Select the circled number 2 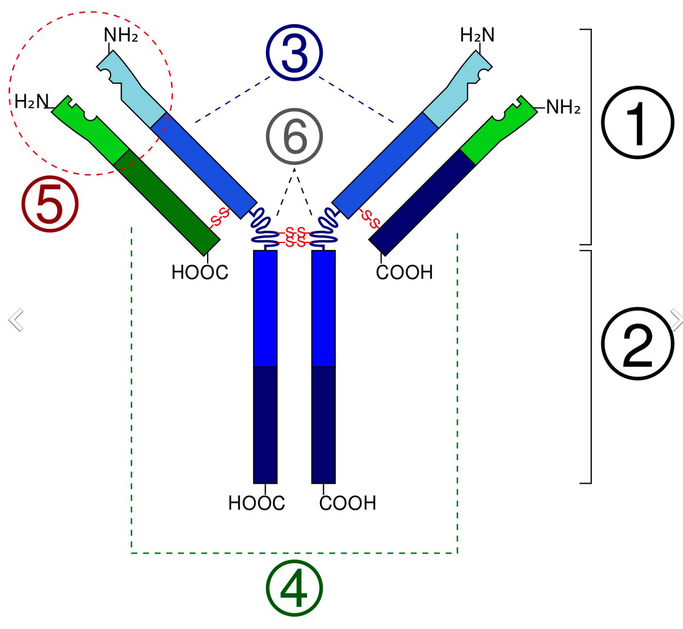click(x=637, y=344)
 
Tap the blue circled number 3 click(x=294, y=54)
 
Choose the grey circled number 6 click(x=294, y=137)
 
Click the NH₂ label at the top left click(x=121, y=35)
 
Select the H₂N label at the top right click(x=477, y=35)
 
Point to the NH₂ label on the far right click(x=563, y=107)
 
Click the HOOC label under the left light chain click(x=199, y=272)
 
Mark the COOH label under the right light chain click(x=404, y=272)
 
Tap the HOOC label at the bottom click(x=256, y=503)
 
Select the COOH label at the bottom click(x=348, y=503)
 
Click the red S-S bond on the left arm click(x=219, y=217)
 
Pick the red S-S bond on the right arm click(x=369, y=219)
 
